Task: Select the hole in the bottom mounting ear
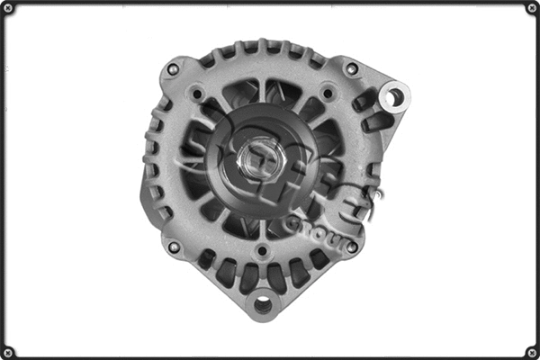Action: tap(262, 305)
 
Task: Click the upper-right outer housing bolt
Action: tap(352, 68)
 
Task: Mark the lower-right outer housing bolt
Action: tap(352, 246)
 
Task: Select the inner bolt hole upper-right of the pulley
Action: tap(327, 92)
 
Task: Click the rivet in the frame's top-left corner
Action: tap(9, 9)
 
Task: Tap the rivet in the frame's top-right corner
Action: tap(531, 9)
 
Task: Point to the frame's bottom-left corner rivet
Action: tap(9, 351)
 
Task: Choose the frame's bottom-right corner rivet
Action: tap(531, 351)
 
